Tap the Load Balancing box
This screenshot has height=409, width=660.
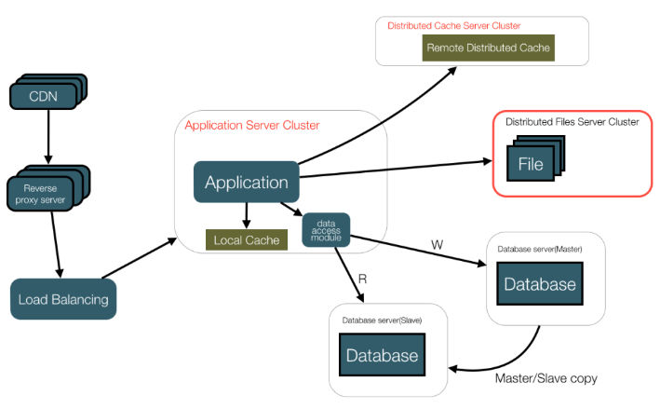tap(63, 299)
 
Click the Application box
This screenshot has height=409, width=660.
tap(247, 183)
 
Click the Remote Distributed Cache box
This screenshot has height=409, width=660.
tap(489, 48)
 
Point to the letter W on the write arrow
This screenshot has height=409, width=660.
tap(437, 244)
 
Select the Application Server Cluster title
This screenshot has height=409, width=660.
tap(252, 126)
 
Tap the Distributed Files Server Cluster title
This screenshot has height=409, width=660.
tap(572, 122)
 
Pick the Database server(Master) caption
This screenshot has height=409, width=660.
tap(539, 249)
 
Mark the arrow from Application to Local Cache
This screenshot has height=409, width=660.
tap(246, 213)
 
